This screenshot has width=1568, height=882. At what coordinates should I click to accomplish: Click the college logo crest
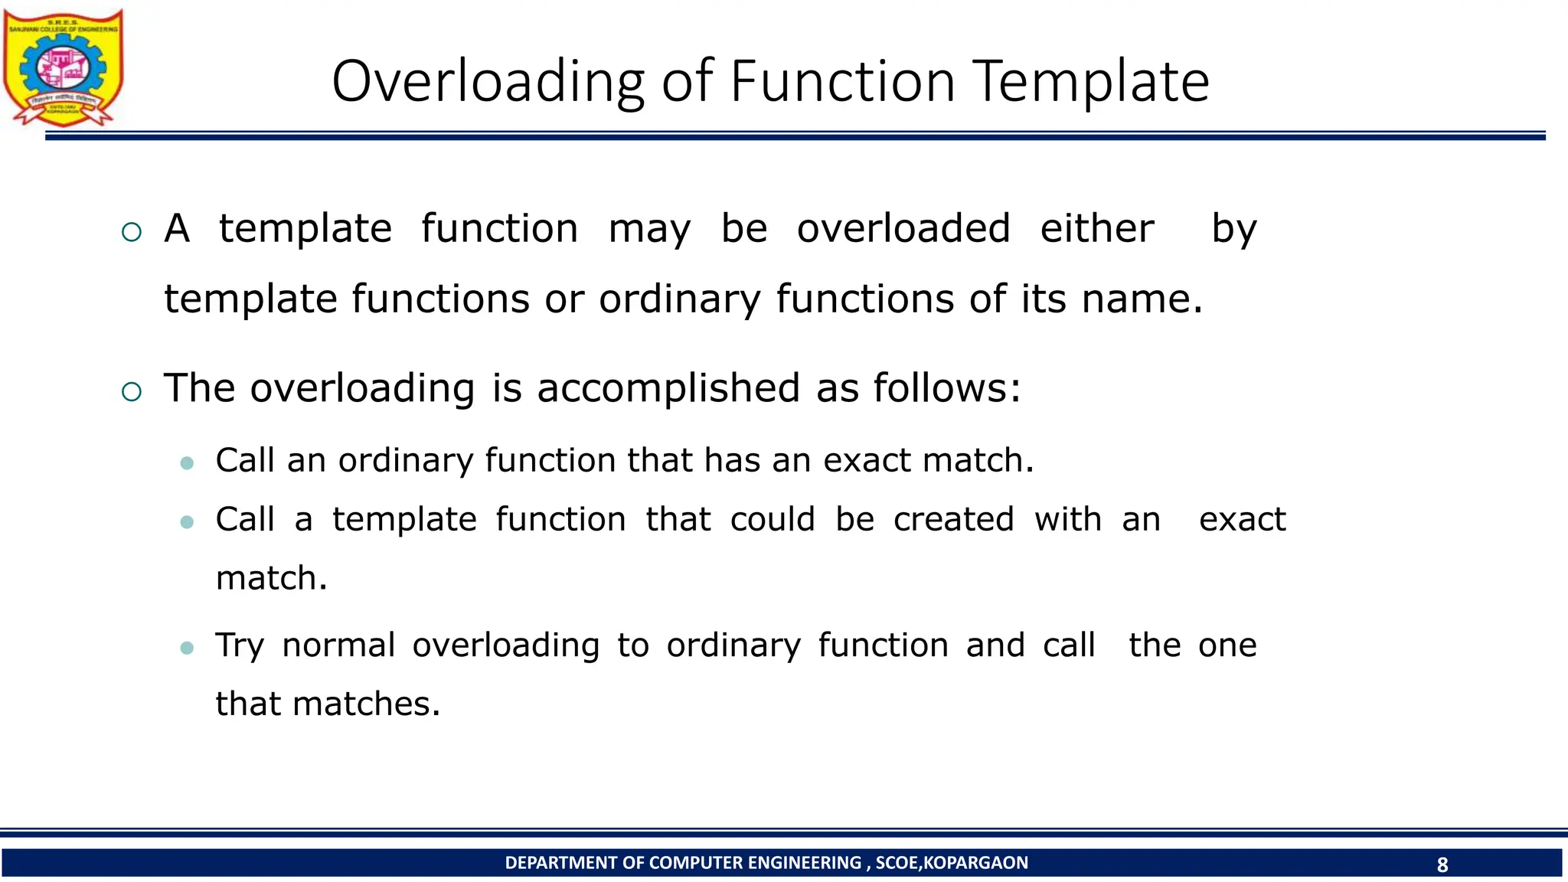[x=63, y=67]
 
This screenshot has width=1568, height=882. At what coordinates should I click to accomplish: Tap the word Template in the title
[x=1093, y=81]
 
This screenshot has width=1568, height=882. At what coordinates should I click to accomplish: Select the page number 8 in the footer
[x=1442, y=864]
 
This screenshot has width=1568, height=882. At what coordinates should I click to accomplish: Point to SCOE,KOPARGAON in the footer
[x=952, y=863]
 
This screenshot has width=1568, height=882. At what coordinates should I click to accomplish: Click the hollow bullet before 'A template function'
[x=132, y=232]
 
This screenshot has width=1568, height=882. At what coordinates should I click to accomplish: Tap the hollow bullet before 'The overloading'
[x=132, y=392]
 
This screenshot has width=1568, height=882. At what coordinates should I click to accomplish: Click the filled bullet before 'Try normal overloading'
[x=187, y=648]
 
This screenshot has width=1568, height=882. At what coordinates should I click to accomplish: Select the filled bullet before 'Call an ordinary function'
[x=187, y=462]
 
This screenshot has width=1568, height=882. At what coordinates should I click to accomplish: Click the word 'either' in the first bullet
[x=1096, y=228]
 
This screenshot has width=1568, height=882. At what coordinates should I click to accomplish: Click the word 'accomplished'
[x=668, y=388]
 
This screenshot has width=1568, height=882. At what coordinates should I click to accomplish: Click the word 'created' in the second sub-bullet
[x=953, y=519]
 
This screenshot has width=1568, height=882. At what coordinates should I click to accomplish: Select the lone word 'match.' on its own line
[x=271, y=578]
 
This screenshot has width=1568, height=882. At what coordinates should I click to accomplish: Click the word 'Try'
[x=239, y=646]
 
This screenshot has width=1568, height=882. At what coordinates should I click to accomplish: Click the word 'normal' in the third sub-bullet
[x=338, y=645]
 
